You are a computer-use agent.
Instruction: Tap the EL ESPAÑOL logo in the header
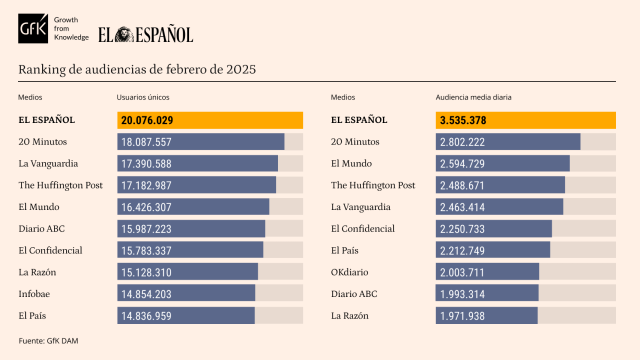click(x=145, y=34)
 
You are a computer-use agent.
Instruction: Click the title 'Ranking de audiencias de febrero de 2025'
click(x=137, y=69)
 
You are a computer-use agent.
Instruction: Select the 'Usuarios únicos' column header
click(x=143, y=98)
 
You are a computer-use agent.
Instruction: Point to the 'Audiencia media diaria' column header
click(x=474, y=98)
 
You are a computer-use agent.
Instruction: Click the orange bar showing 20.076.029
click(x=210, y=120)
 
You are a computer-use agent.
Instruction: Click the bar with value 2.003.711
click(x=488, y=271)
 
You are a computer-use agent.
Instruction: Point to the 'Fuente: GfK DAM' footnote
click(x=49, y=342)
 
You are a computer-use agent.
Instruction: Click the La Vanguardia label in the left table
click(x=48, y=163)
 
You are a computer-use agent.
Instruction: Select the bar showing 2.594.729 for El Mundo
click(x=503, y=163)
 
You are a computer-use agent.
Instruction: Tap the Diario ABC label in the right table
click(x=355, y=293)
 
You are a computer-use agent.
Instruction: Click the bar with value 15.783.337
click(x=190, y=250)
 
